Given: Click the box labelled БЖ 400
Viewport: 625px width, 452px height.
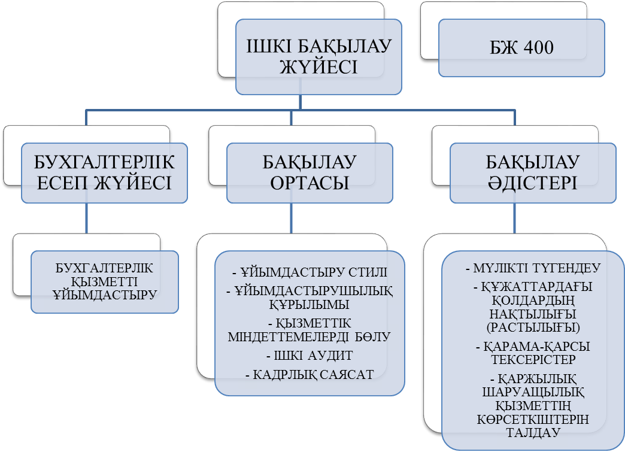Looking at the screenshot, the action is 521,48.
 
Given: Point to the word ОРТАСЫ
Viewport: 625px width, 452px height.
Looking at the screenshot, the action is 310,183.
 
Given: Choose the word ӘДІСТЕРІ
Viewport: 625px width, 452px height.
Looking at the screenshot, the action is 532,183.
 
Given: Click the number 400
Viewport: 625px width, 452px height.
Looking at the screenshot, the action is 537,48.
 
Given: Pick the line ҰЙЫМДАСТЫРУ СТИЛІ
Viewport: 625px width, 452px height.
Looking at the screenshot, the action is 310,273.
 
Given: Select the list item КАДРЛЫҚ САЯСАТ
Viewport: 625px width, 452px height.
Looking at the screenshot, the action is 310,375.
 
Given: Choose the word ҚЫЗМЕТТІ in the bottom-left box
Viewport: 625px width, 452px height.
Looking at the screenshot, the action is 105,281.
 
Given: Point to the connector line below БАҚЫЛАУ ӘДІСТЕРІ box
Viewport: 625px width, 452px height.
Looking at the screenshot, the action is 515,218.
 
